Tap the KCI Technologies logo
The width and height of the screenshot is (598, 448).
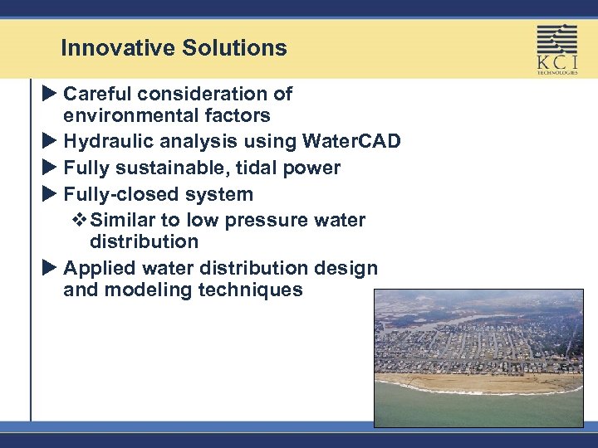[556, 49]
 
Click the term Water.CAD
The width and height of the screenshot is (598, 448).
[353, 142]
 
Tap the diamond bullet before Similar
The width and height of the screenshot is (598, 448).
[81, 221]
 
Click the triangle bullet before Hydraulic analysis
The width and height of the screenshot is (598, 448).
[49, 142]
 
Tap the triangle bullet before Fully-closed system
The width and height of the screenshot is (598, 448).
[49, 195]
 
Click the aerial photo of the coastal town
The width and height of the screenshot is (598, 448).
[478, 358]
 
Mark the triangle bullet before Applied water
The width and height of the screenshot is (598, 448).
[49, 269]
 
